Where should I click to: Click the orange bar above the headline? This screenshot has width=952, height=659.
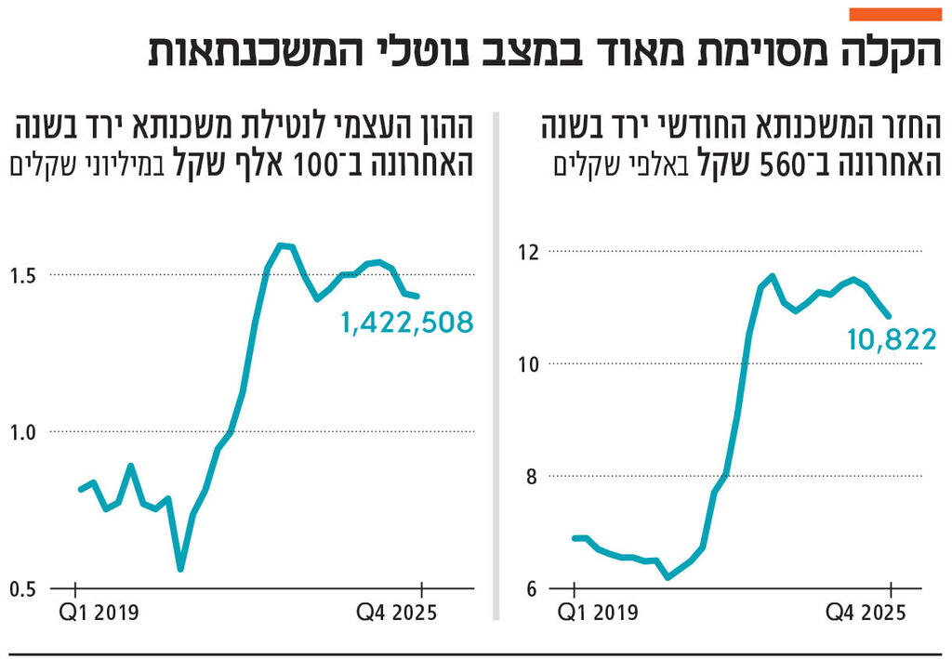tap(896, 14)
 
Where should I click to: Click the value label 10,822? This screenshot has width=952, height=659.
tap(891, 340)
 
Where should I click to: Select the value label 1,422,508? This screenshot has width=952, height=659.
tap(408, 323)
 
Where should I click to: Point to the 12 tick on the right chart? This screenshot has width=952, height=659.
tap(530, 251)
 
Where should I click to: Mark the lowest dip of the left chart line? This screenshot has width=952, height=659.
tap(180, 568)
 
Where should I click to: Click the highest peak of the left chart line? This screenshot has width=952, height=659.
tap(281, 245)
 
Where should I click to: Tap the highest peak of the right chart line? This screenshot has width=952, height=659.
tap(772, 276)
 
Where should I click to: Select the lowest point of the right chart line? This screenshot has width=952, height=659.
tap(668, 577)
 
